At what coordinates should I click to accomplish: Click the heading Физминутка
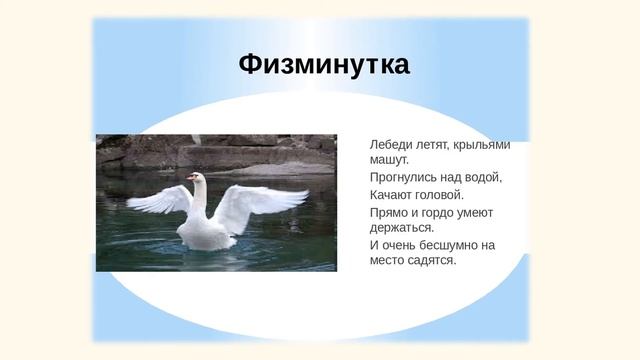pos(323,65)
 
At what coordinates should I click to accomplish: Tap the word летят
pos(436,144)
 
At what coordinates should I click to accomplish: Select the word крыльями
pos(487,144)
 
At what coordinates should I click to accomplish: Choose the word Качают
pos(392,194)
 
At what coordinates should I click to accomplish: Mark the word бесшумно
pos(453,245)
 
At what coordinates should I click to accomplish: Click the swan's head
pos(197,178)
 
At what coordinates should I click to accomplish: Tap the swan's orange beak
pos(189,178)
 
